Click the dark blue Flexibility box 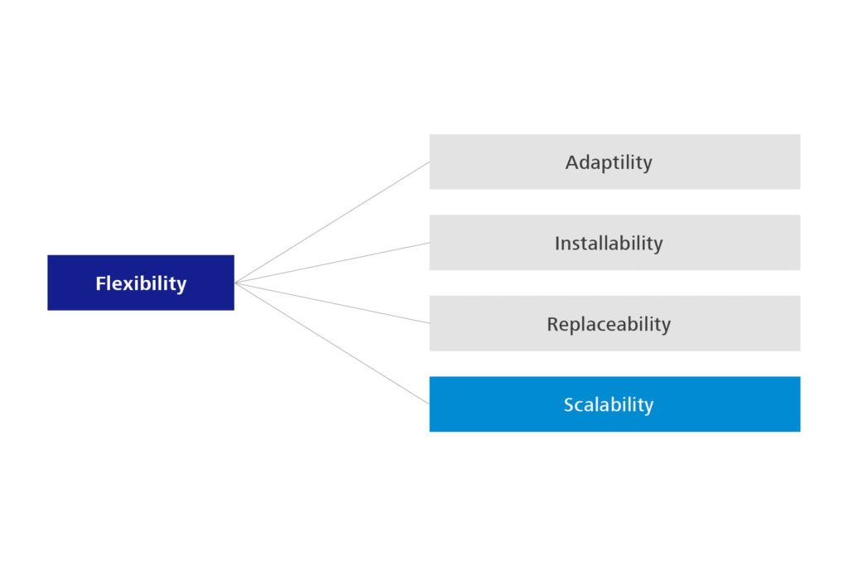click(x=141, y=283)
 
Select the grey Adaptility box click(x=615, y=162)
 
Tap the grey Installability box click(x=615, y=243)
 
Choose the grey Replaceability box click(x=615, y=323)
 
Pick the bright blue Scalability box click(x=615, y=404)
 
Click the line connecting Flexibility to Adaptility click(x=333, y=222)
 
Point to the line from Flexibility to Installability click(x=333, y=263)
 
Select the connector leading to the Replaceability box click(x=333, y=303)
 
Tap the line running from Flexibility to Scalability click(x=333, y=343)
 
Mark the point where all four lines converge click(x=236, y=283)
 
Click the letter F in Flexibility click(x=99, y=283)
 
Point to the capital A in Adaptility click(x=572, y=162)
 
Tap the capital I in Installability click(x=557, y=244)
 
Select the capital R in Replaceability click(x=552, y=324)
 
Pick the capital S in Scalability click(x=568, y=404)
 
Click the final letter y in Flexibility click(x=181, y=286)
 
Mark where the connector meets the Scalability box click(x=430, y=404)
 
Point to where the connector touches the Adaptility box click(x=430, y=162)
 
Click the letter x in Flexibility click(x=126, y=285)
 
